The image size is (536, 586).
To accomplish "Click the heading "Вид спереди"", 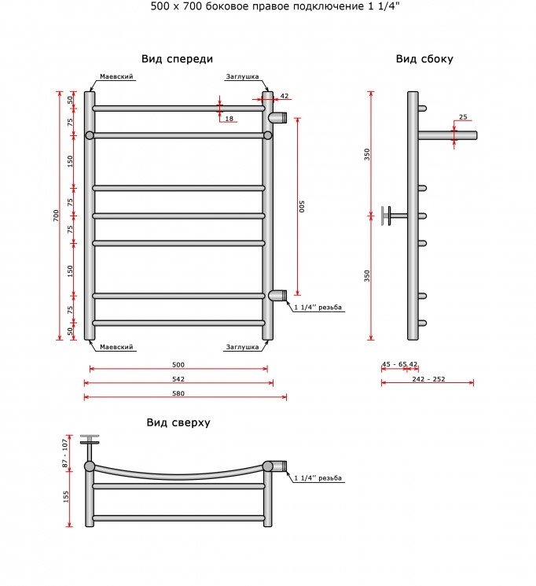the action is pyautogui.click(x=177, y=59).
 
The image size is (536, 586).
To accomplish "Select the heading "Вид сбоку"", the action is pyautogui.click(x=424, y=59).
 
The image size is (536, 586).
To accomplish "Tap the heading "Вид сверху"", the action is pyautogui.click(x=178, y=422).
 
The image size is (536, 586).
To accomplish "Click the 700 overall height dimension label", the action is pyautogui.click(x=56, y=216).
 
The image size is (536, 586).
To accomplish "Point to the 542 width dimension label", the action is pyautogui.click(x=178, y=379).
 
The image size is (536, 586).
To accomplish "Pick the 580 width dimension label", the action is pyautogui.click(x=178, y=393).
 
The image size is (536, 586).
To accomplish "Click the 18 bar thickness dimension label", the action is pyautogui.click(x=229, y=119).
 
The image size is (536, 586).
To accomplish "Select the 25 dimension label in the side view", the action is pyautogui.click(x=463, y=117).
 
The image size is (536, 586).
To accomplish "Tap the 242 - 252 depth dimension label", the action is pyautogui.click(x=429, y=379).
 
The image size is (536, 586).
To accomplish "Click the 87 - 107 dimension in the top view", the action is pyautogui.click(x=65, y=453).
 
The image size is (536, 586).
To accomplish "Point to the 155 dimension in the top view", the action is pyautogui.click(x=66, y=496).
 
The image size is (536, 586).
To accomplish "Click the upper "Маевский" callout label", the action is pyautogui.click(x=116, y=76).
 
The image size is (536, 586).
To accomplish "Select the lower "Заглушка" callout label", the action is pyautogui.click(x=242, y=347).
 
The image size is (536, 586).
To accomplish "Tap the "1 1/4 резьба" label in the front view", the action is pyautogui.click(x=318, y=308).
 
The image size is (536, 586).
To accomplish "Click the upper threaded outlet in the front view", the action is pyautogui.click(x=277, y=117).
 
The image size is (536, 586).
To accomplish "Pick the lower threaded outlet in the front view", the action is pyautogui.click(x=277, y=295).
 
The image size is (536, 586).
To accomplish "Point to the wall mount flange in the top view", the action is pyautogui.click(x=90, y=440).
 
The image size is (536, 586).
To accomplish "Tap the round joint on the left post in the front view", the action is pyautogui.click(x=90, y=135).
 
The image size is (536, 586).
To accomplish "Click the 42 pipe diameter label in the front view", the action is pyautogui.click(x=285, y=96).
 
